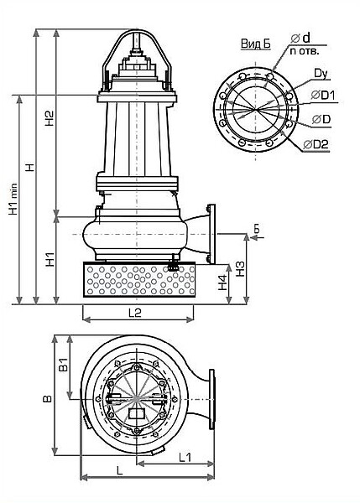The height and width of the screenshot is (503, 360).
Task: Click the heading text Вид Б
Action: (x=256, y=44)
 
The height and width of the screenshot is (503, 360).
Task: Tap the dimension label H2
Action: (x=50, y=118)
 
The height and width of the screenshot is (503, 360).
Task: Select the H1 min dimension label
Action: (x=13, y=199)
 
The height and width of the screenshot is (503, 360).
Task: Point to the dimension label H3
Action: (x=240, y=269)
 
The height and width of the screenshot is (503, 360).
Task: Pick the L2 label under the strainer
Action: (x=135, y=313)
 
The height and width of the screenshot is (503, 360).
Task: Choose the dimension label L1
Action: (x=185, y=457)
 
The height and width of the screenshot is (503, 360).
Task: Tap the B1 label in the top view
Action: (x=65, y=365)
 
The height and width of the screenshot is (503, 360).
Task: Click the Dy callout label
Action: (x=321, y=74)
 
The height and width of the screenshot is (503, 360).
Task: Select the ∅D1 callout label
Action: (x=323, y=95)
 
